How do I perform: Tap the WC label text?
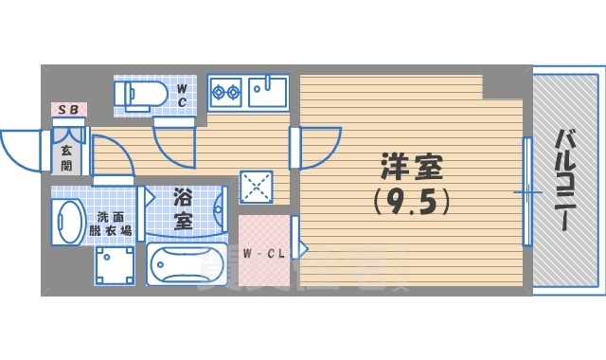(183, 94)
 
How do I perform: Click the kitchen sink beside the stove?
(268, 92)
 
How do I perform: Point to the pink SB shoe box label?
(69, 110)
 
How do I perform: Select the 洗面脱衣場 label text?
(112, 224)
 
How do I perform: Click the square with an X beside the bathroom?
(256, 185)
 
